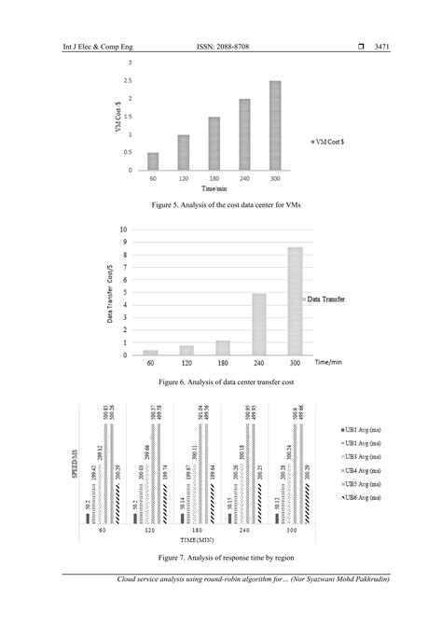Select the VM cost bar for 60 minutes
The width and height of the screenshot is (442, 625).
point(153,161)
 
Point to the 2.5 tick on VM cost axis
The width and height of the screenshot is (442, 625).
point(130,81)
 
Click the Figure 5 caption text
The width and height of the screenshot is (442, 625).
point(221,203)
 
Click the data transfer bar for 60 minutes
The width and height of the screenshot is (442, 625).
point(150,352)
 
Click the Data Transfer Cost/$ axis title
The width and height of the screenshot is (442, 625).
point(110,291)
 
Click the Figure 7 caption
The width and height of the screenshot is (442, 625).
point(221,558)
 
